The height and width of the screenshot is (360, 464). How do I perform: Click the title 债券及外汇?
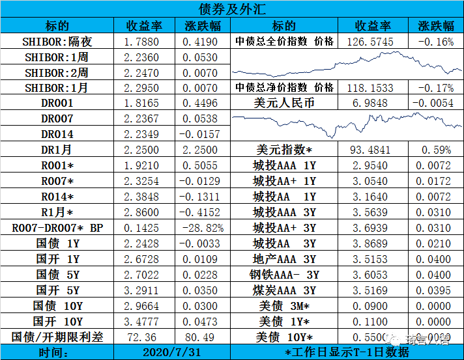231,8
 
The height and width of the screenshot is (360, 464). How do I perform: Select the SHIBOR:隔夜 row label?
57,42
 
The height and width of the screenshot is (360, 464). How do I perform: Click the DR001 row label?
57,104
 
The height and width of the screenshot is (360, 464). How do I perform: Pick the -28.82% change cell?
202,228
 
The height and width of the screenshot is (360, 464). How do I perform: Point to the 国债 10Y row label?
57,306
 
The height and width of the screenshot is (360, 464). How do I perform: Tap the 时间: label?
57,352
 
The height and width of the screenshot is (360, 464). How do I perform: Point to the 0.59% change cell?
436,150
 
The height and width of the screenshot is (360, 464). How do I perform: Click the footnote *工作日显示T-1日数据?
347,352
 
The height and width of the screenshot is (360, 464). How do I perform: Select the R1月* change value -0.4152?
202,213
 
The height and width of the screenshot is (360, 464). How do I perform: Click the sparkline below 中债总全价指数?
348,64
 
